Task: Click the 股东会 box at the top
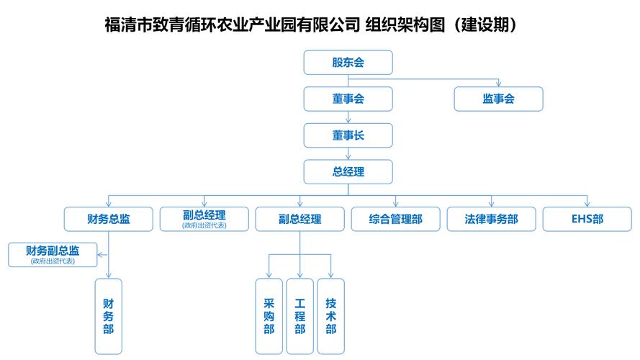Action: [x=348, y=62]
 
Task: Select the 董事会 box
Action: [x=348, y=99]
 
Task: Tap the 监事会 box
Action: [x=498, y=99]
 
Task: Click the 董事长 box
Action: [x=348, y=135]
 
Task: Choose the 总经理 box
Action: [x=348, y=172]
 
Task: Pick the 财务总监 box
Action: [x=108, y=219]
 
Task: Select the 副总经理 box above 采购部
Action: [x=299, y=219]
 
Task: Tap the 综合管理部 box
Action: [x=395, y=219]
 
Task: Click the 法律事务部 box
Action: [x=491, y=219]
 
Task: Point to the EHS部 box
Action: [x=587, y=219]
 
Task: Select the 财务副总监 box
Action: [x=53, y=255]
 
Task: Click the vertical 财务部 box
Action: [x=108, y=316]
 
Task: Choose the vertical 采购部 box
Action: [x=269, y=316]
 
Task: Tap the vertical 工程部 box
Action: [x=299, y=316]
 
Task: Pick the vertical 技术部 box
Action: [x=330, y=316]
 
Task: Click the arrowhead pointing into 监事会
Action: [x=498, y=84]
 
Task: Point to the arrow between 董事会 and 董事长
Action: [x=348, y=117]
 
